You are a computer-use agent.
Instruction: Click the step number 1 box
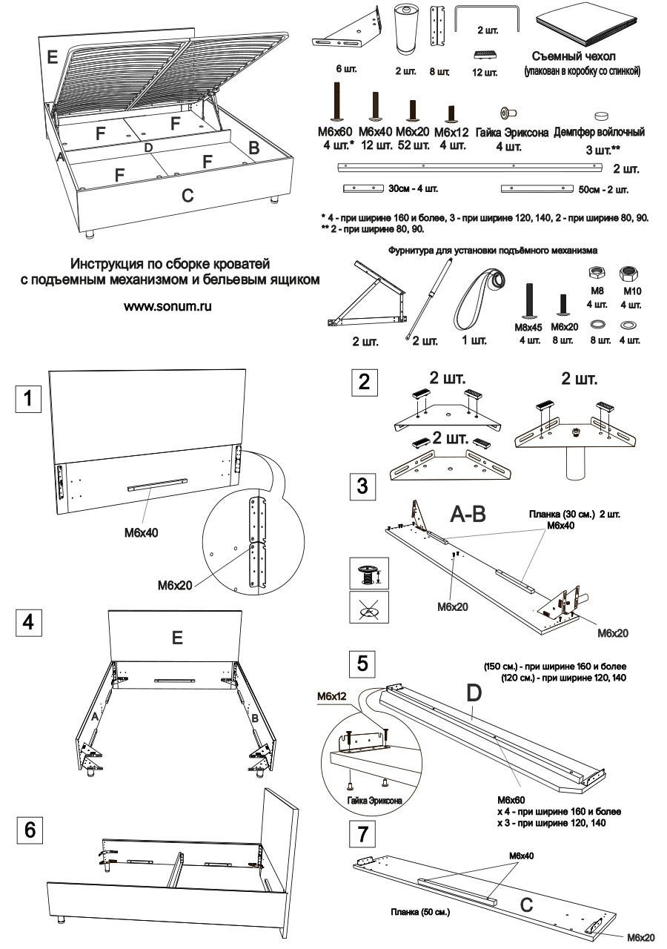click(28, 400)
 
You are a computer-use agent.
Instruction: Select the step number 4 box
click(28, 624)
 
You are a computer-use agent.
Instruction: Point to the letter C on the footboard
click(188, 196)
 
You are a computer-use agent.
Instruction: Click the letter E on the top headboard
click(51, 56)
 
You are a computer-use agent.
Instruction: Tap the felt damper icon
click(601, 116)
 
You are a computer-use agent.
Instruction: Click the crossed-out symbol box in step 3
click(363, 607)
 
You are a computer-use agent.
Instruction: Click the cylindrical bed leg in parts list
click(404, 30)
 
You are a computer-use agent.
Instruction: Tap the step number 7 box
click(361, 835)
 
